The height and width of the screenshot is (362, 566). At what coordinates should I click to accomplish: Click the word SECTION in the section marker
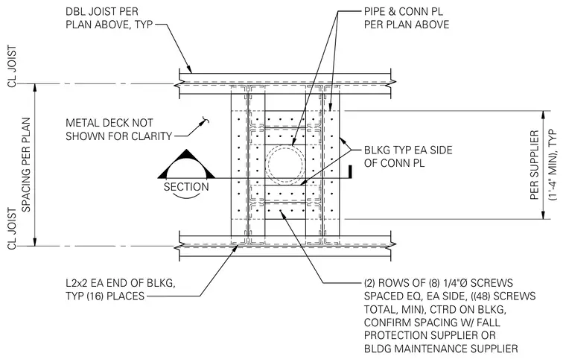coord(186,187)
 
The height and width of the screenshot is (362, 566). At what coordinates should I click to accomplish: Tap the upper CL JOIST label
coord(12,66)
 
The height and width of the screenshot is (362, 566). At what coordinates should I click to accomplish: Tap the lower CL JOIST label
coord(12,229)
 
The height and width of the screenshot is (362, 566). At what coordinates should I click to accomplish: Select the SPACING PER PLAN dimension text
coord(26,165)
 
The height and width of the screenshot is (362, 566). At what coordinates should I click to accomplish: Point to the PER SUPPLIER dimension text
coord(535,165)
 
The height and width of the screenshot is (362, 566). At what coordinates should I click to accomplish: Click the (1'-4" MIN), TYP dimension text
coord(553,165)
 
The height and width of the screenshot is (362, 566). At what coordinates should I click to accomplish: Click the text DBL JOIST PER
coord(102,12)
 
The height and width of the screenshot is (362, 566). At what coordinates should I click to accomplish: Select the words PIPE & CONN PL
coord(404,12)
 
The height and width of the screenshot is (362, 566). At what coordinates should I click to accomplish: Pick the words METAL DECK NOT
coord(109,123)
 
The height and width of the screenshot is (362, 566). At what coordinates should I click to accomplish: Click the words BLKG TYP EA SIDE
coord(408,150)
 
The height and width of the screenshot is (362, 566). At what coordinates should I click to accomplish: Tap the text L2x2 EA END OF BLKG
coord(121,283)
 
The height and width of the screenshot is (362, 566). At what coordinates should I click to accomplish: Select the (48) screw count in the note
coord(478,296)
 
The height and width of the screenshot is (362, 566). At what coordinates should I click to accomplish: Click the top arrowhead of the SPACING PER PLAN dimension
coord(35,88)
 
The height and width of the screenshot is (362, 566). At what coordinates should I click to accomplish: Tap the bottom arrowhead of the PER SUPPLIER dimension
coord(543,215)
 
